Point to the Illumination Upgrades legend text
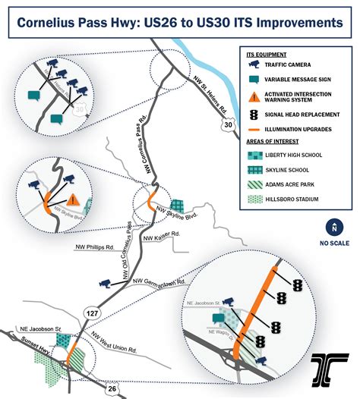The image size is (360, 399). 303,129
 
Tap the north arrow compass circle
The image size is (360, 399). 332,227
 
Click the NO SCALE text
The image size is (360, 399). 332,243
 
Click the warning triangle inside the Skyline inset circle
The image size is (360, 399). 72,200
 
